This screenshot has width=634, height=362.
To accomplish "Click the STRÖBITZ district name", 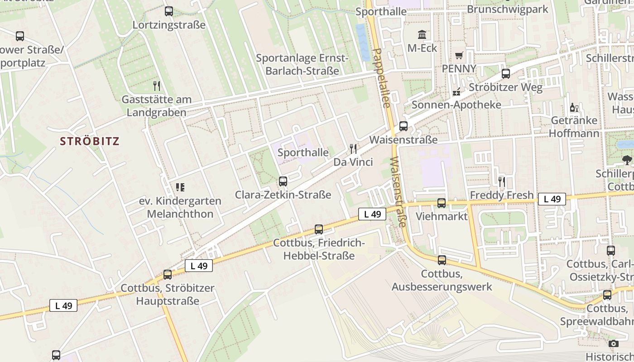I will (90, 141).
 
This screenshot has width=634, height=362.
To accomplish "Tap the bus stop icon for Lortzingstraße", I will (169, 11).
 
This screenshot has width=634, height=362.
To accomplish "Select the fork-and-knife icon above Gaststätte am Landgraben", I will (157, 86).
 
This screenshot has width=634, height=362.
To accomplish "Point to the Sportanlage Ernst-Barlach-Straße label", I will (302, 64).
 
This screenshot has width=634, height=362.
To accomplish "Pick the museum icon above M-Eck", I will (422, 34).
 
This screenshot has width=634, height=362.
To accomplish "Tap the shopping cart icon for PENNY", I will (459, 56).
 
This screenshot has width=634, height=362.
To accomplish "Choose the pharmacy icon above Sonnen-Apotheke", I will (456, 92).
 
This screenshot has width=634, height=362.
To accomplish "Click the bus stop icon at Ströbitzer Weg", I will (506, 74).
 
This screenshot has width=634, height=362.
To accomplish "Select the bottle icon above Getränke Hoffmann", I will (574, 108).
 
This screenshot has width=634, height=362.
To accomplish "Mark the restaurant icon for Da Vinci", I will (353, 148).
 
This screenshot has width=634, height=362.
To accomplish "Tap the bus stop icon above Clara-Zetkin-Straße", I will (283, 181).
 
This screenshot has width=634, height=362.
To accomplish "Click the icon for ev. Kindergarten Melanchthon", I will (180, 187).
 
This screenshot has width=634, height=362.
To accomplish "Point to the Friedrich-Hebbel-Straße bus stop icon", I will (319, 229).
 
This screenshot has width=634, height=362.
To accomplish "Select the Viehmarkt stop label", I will (442, 216).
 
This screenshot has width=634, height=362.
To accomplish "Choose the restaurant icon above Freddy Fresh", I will (502, 182).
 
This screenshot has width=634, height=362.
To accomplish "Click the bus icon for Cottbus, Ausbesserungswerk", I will (442, 260).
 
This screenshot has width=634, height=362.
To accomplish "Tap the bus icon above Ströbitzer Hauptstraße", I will (168, 275).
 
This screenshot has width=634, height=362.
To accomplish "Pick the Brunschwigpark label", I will (507, 10).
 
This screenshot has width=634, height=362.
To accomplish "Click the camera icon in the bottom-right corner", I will (614, 344).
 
